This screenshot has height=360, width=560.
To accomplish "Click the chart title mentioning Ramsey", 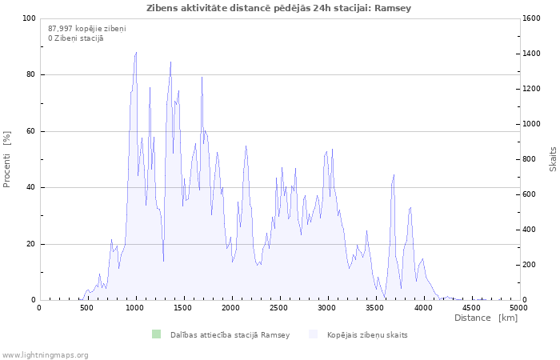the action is point(278,8).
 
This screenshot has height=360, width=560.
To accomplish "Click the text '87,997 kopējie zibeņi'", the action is point(86,29).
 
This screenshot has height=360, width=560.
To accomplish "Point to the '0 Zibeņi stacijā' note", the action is point(76,38).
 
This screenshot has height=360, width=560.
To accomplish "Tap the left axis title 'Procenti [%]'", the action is point(6,159).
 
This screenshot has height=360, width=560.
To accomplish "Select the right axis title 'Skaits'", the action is point(553,159).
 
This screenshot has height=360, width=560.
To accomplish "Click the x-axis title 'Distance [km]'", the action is point(486,318).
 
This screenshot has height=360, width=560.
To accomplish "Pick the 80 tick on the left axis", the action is point(31,74).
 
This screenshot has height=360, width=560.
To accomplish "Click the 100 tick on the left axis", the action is point(30,18).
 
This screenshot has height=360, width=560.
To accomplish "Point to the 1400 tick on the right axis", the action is point(532,54).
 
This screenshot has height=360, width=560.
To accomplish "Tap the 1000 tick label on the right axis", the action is point(532,124).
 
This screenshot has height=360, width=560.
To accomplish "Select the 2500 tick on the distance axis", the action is point(278,308).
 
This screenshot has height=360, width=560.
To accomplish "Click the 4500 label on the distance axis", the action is point(471,308).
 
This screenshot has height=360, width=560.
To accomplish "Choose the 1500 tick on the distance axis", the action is point(183,308).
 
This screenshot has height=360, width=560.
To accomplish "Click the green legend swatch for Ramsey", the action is point(157,334).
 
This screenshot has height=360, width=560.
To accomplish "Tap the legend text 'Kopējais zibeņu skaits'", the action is point(367,335).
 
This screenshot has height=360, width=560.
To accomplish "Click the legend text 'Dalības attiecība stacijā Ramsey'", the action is point(230,335).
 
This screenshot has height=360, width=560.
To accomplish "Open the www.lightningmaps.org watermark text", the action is point(45,355).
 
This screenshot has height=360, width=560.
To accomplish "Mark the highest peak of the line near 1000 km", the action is point(136,53).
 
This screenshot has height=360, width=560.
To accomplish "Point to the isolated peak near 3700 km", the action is point(394,174).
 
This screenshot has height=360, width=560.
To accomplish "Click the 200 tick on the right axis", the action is point(530,265).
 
